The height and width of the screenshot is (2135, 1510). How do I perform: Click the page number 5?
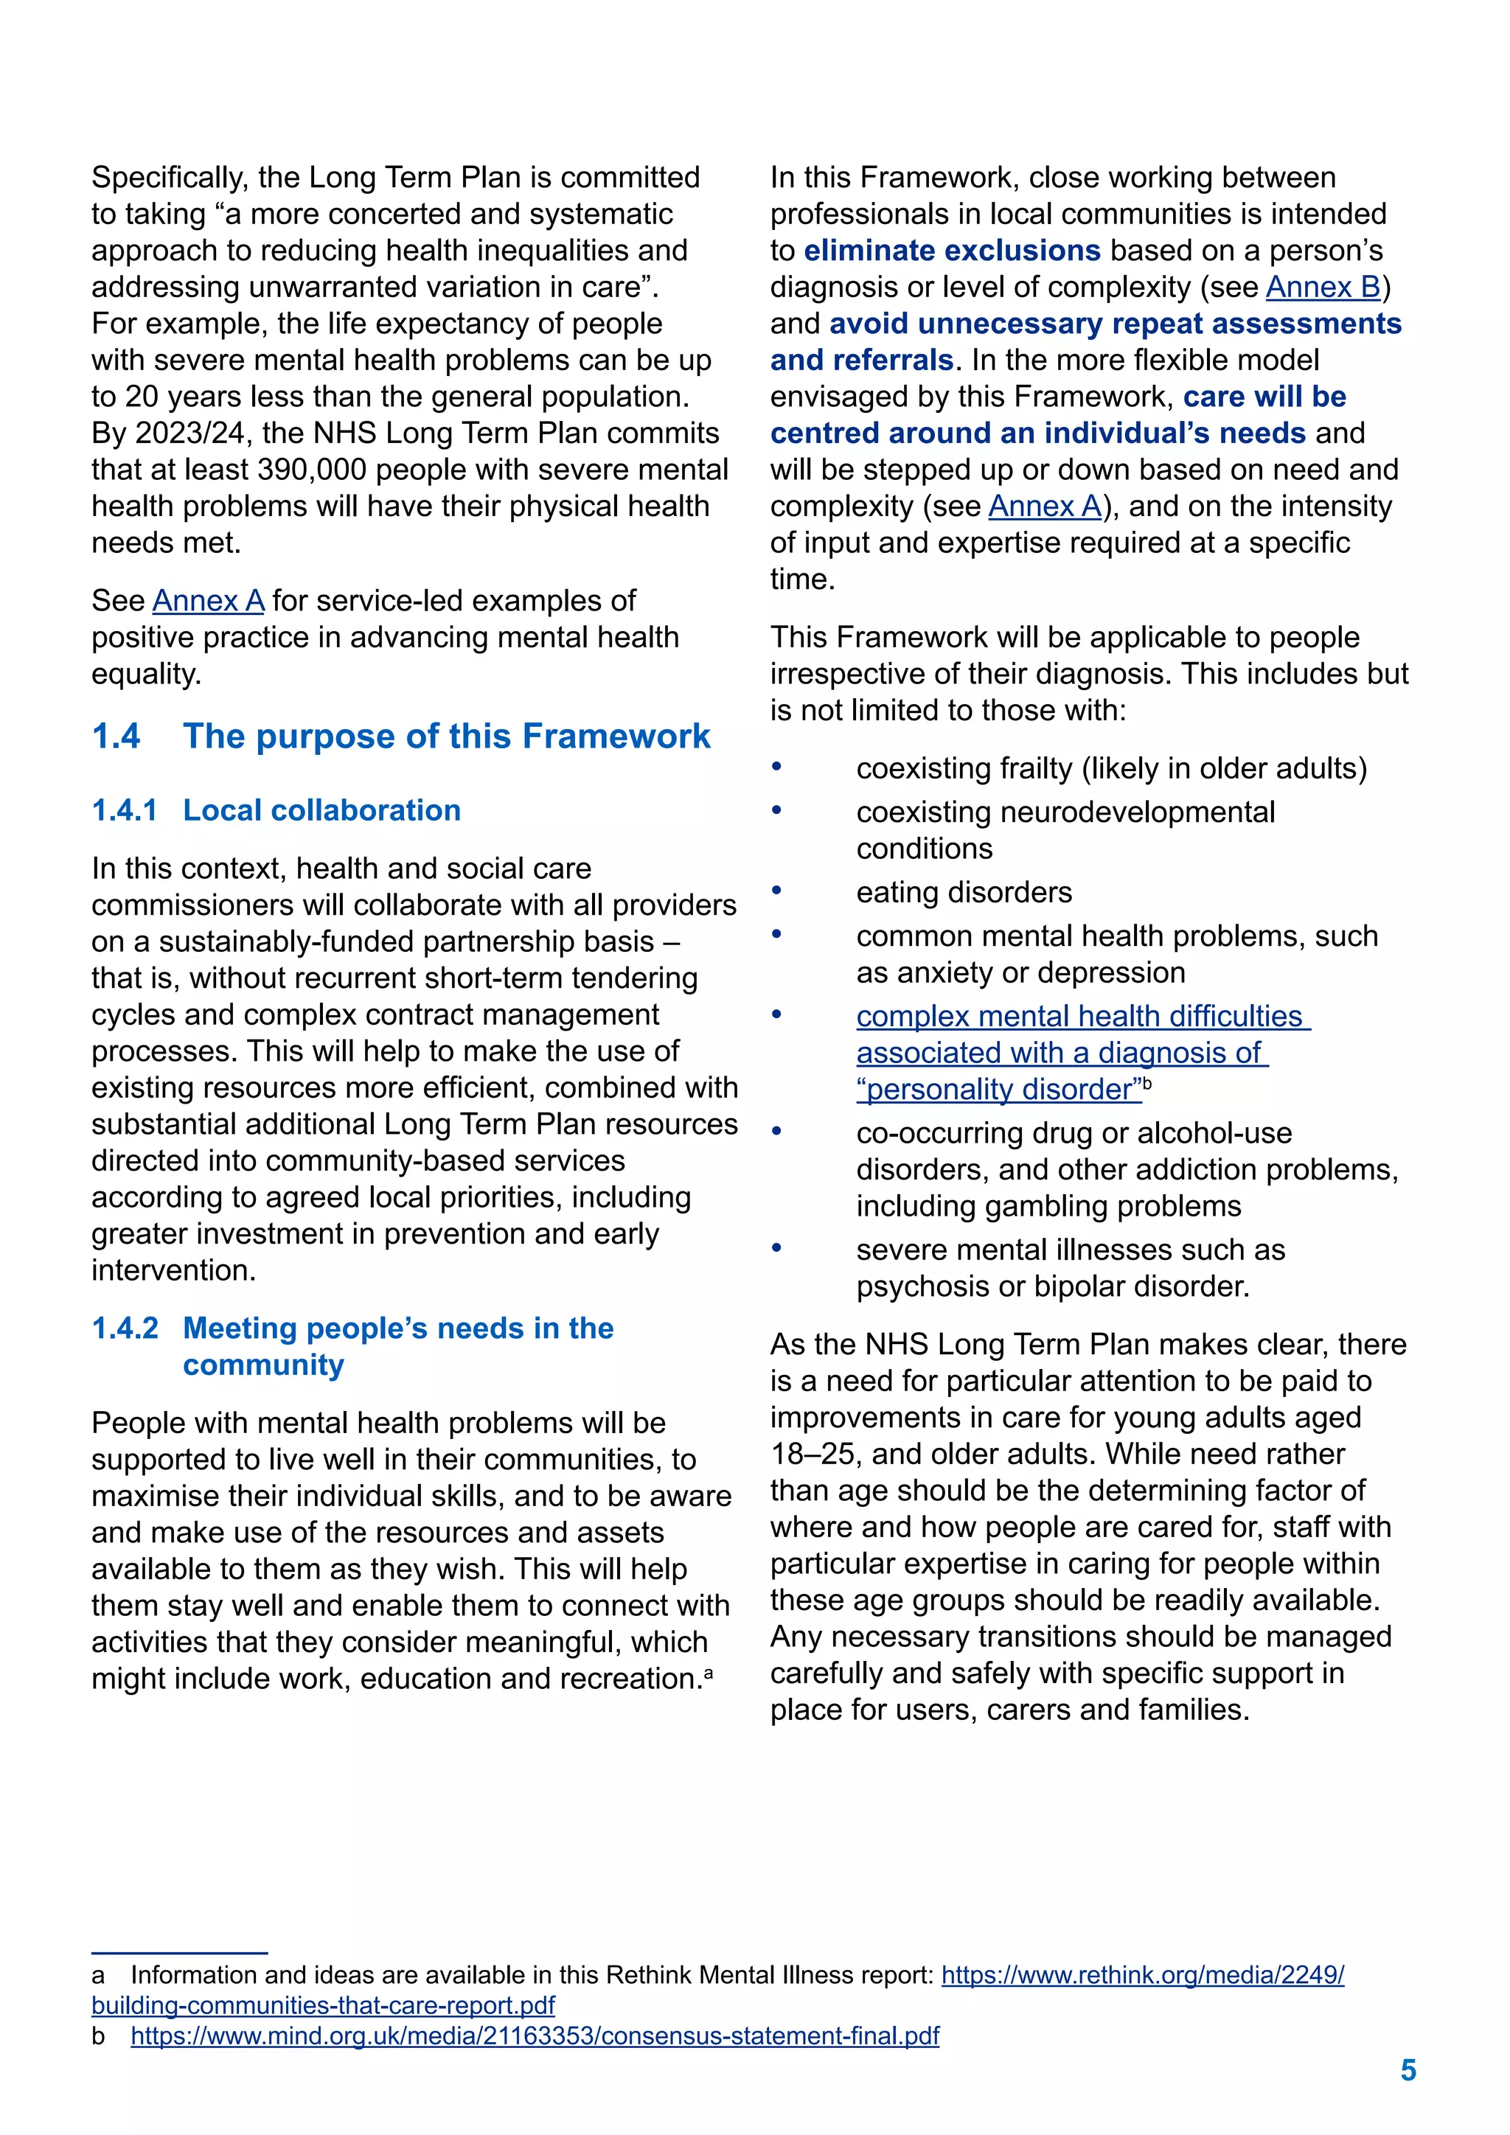coord(1408,2070)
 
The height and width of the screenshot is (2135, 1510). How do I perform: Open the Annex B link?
coord(1323,288)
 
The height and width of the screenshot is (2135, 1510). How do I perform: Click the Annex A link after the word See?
coord(208,601)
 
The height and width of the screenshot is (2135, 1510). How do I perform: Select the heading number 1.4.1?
coord(125,810)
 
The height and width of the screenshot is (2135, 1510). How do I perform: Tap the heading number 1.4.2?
coord(125,1328)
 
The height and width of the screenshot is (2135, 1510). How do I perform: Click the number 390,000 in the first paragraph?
coord(310,470)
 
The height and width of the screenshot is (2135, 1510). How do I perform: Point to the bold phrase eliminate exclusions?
coord(951,251)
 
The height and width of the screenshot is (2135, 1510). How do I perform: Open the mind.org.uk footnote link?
coord(535,2036)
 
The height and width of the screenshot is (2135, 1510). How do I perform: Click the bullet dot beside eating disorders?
coord(776,890)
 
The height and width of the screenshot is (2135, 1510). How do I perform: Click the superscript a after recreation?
coord(709,1673)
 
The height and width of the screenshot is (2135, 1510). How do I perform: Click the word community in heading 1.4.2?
coord(263,1365)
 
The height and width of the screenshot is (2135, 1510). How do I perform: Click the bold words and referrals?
coord(861,361)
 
